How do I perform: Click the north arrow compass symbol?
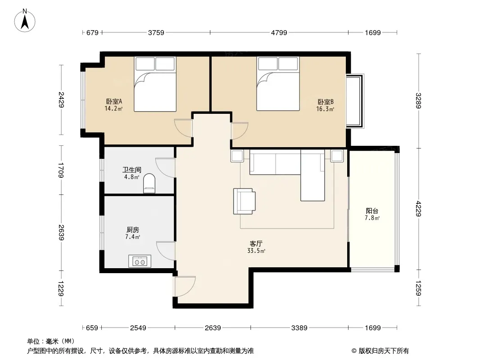point(25,21)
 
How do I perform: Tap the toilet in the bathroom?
point(149,183)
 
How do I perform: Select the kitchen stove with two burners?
point(140,261)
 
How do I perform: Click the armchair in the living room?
point(245,201)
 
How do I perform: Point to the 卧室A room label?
point(114,101)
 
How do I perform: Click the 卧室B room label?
point(326,102)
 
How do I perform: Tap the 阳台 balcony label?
point(372,211)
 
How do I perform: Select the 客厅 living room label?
point(256,244)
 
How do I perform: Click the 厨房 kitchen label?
point(132,229)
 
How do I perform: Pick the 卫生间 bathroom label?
point(132,170)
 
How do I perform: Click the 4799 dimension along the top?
point(279,32)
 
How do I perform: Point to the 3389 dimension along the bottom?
point(299,328)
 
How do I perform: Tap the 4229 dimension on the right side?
point(418,208)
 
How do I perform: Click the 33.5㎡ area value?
point(256,251)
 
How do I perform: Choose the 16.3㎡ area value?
point(325,109)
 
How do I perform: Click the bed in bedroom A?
point(155,84)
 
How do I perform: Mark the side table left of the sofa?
point(237,156)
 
